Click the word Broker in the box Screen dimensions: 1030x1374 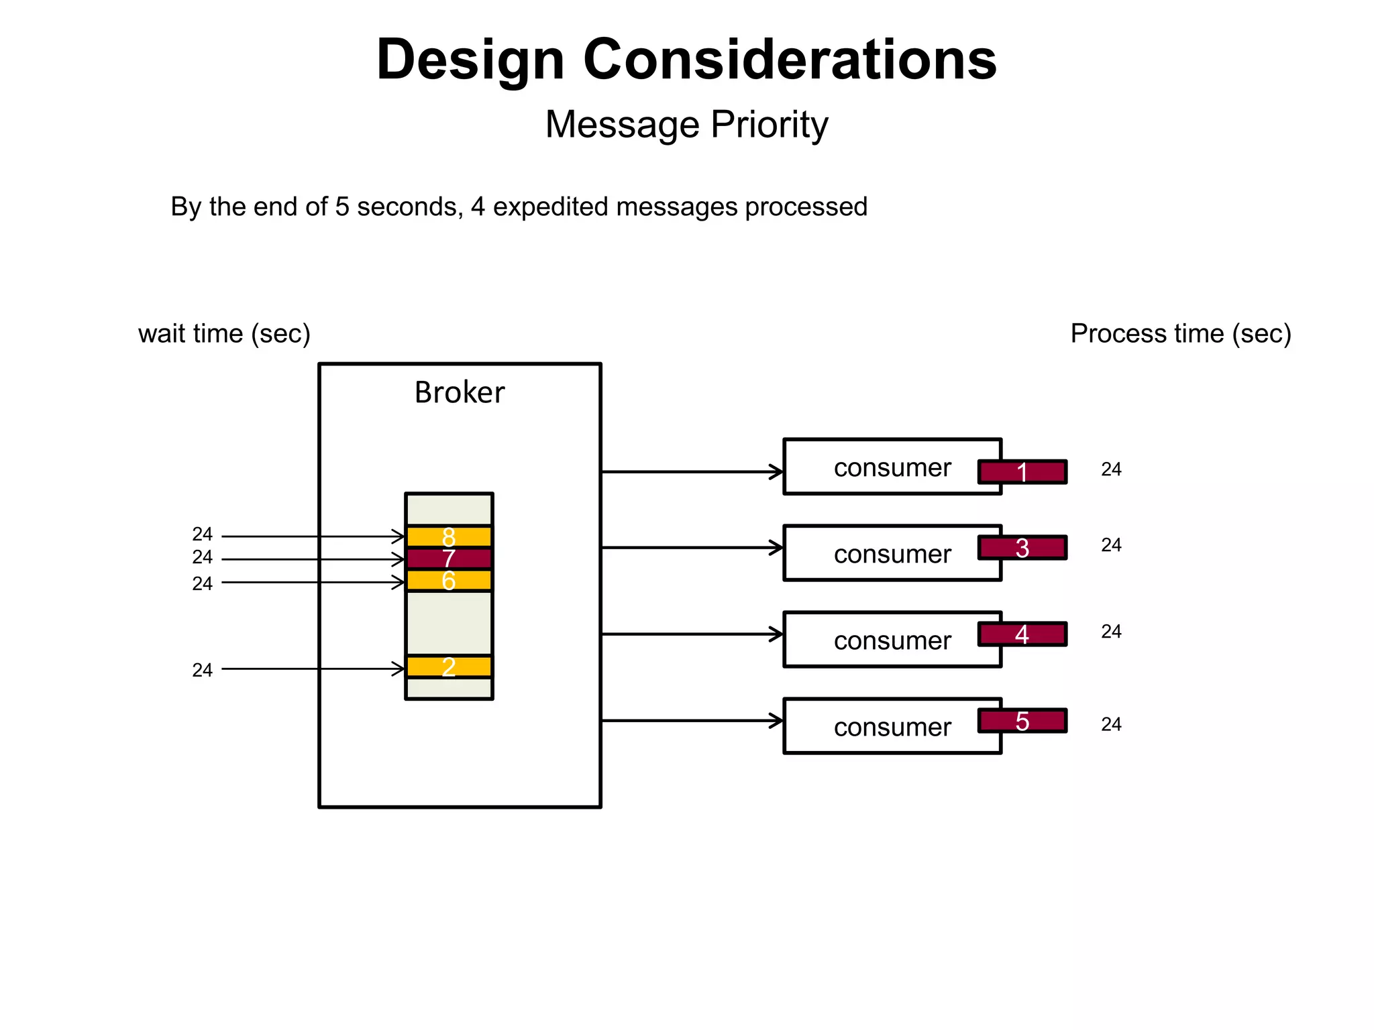[459, 392]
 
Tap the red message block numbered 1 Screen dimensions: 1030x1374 [1022, 472]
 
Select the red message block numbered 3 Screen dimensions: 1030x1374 [1022, 548]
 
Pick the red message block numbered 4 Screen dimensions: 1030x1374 [1022, 634]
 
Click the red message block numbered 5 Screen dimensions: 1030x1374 [1022, 721]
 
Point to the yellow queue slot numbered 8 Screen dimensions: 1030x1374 [449, 536]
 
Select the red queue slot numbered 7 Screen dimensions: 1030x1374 [449, 559]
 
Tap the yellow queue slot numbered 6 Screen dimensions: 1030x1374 [449, 581]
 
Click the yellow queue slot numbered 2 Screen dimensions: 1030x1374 [449, 667]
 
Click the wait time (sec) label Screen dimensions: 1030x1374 [224, 333]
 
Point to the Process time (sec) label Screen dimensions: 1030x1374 [1180, 333]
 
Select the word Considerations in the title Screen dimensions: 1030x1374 [790, 59]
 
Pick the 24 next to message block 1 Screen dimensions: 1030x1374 [1111, 469]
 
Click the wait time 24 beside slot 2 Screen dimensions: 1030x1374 [202, 670]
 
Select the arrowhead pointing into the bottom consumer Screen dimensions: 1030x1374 [778, 721]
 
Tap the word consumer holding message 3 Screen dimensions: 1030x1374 [892, 554]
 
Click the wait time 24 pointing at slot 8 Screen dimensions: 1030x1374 [202, 534]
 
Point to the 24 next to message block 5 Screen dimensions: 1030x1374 [1111, 724]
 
